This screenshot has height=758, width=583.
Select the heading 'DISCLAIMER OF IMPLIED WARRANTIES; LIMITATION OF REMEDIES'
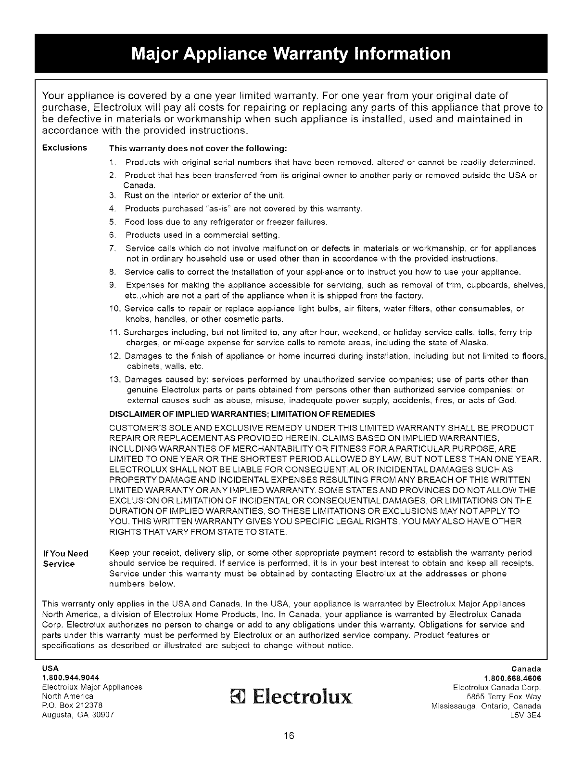pos(242,415)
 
